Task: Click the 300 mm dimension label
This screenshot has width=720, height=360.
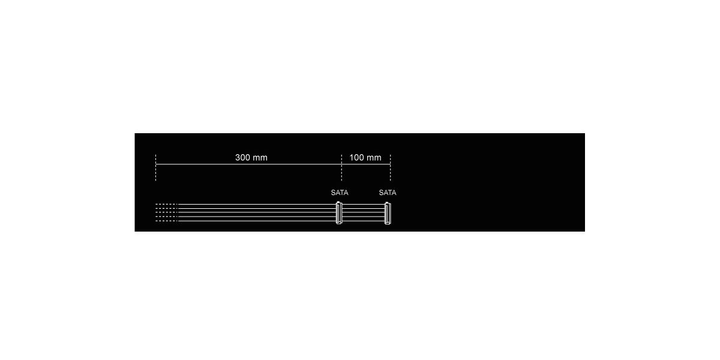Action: click(251, 157)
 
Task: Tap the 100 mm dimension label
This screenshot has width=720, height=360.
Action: click(365, 157)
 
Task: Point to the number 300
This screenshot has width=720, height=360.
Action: click(242, 157)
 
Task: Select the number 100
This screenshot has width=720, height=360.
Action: click(356, 157)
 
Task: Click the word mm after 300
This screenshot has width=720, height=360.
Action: click(260, 158)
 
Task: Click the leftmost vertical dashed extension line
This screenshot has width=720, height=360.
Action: click(155, 167)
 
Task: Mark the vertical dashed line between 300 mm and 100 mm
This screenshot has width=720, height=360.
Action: click(341, 167)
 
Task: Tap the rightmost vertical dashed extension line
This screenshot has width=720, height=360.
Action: click(390, 167)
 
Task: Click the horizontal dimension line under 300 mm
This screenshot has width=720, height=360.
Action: click(248, 164)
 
